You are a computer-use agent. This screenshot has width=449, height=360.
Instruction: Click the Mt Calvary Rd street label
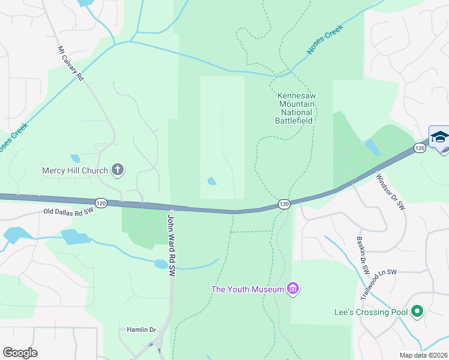[70, 64]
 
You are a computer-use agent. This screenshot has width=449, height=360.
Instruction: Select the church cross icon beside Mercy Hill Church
[118, 170]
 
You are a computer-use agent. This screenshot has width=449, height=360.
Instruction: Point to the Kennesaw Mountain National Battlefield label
[295, 108]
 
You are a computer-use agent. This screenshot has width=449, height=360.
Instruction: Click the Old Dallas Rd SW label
[69, 211]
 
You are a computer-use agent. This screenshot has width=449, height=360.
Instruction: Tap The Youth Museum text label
[247, 290]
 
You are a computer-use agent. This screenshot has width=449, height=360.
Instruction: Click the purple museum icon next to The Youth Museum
[293, 290]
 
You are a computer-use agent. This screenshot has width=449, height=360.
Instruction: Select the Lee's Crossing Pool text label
[370, 312]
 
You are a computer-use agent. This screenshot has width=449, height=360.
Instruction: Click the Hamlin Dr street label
[141, 329]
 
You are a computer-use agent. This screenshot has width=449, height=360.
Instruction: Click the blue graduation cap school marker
[439, 136]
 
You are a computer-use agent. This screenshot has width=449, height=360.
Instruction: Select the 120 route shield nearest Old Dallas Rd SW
[101, 203]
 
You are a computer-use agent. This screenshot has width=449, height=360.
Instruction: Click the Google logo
[20, 353]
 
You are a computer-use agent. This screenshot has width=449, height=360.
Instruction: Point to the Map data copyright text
[424, 355]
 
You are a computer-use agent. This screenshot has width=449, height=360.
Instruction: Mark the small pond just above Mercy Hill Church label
[75, 159]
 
